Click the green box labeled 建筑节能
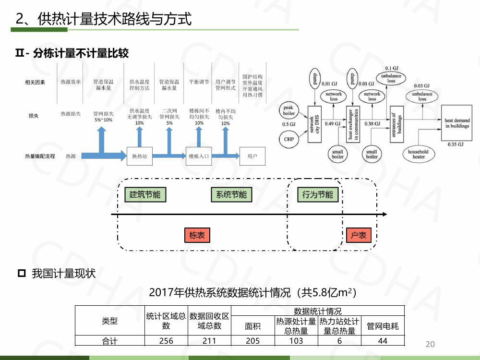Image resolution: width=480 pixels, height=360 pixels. (145, 194)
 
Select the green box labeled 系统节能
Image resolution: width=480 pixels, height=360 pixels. (231, 194)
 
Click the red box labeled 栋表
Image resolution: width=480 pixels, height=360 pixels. (197, 235)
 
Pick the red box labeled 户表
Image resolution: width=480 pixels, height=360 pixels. (359, 235)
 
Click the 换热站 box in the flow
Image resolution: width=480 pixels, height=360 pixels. (140, 156)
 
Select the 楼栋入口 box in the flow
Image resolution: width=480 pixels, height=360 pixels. (199, 156)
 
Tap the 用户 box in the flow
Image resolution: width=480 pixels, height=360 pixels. (252, 156)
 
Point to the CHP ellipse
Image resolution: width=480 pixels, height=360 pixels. (289, 139)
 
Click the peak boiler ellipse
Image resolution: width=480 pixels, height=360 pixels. (289, 111)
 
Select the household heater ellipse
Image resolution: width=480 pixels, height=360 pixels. (419, 154)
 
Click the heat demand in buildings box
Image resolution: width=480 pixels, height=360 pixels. (457, 123)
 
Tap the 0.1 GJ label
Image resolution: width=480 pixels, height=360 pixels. (392, 68)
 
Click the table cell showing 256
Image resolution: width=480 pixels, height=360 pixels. (166, 341)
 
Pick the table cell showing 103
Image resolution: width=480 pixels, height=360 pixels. (296, 341)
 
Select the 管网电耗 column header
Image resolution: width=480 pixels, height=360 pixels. (383, 326)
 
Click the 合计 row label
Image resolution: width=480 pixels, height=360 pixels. (109, 341)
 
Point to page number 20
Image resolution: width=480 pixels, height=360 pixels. (430, 344)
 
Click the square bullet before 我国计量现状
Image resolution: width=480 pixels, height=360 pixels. (21, 274)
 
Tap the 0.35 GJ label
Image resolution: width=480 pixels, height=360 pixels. (456, 144)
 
